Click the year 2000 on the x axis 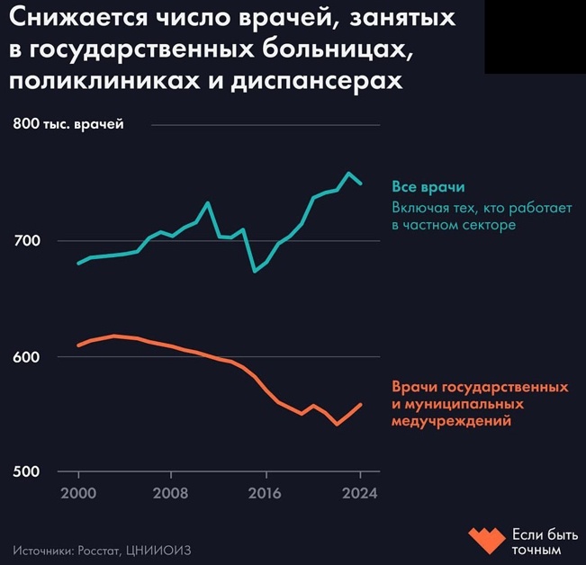(78, 493)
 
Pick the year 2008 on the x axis (171, 493)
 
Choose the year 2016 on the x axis (265, 493)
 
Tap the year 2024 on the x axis (359, 493)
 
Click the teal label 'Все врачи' (428, 187)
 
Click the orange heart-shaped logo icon (487, 538)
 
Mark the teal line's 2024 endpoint (361, 184)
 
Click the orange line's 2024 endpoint (361, 405)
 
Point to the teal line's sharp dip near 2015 (255, 271)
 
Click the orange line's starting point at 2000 (78, 345)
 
